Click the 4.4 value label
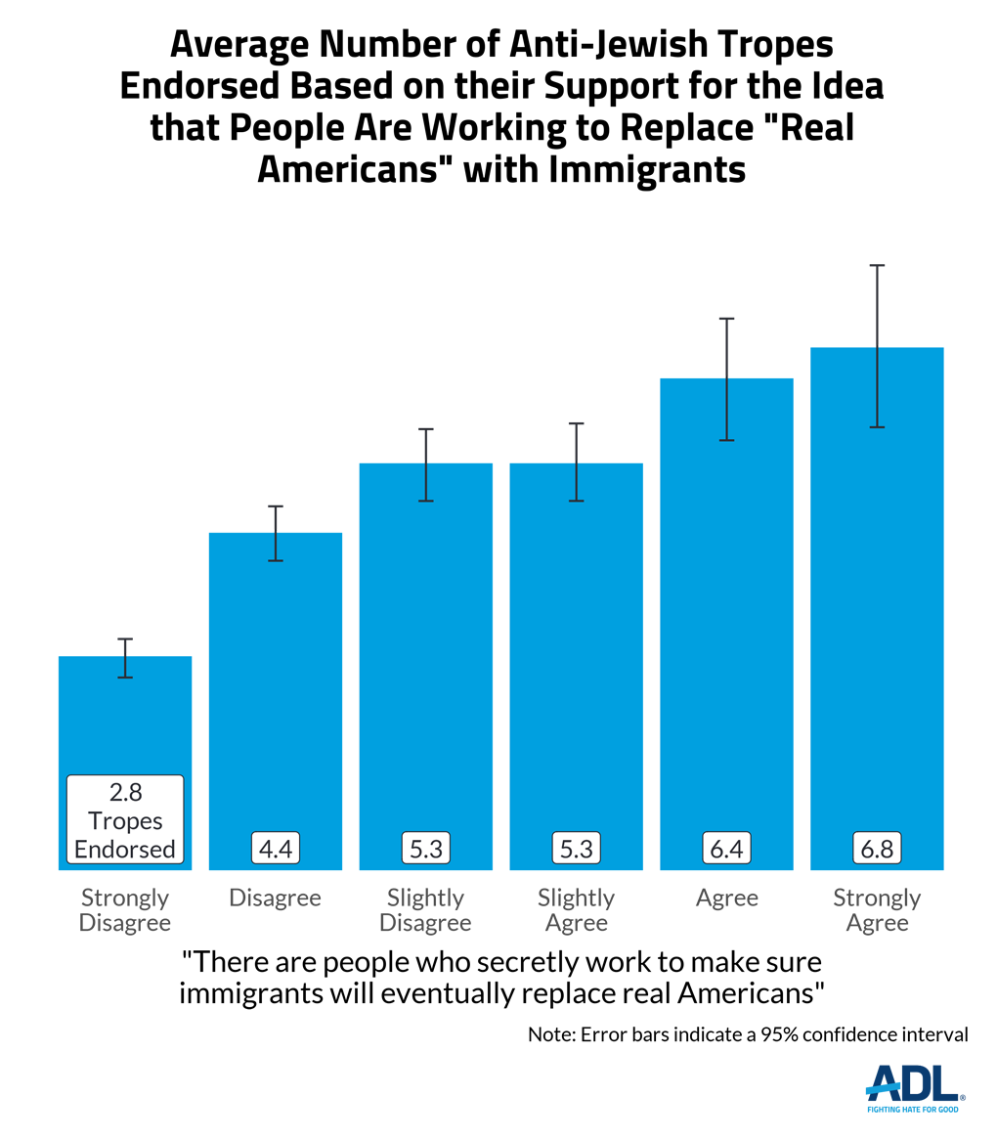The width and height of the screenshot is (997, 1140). (276, 848)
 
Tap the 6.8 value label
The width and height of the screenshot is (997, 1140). (877, 848)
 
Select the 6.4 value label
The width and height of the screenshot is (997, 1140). (726, 848)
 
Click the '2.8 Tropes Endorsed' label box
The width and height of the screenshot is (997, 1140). (125, 820)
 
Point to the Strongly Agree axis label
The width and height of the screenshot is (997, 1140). (877, 909)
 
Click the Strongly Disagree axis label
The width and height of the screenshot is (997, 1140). (125, 909)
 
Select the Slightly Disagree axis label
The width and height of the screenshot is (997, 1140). (425, 909)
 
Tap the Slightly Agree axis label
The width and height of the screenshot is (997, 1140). (577, 909)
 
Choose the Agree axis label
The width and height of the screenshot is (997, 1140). (726, 898)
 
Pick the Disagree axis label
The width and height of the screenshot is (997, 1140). (276, 898)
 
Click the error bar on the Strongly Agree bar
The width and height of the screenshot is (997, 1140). (877, 346)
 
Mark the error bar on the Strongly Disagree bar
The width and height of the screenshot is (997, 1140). (125, 657)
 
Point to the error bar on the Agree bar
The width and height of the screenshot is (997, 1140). (726, 379)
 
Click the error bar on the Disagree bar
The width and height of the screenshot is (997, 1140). (276, 534)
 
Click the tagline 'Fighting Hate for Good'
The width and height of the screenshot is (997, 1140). (914, 1110)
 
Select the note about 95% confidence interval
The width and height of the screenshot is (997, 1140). (748, 1034)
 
